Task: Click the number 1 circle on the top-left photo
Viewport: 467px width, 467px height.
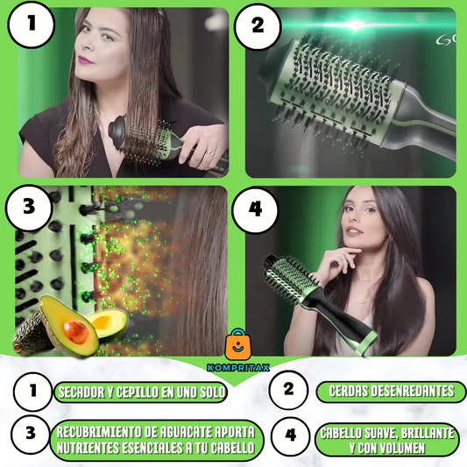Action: point(31,25)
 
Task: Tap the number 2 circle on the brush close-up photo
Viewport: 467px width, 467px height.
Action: point(258,26)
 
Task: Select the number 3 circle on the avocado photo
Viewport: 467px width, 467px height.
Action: point(29,208)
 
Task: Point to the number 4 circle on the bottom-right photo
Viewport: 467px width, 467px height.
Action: point(255,209)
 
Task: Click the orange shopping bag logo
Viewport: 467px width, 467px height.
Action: point(238,344)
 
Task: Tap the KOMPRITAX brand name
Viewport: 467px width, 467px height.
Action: point(238,367)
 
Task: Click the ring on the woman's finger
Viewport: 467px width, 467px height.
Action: point(210,152)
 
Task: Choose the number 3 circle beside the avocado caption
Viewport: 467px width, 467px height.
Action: point(31,434)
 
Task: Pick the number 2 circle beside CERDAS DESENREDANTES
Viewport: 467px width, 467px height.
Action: point(288,390)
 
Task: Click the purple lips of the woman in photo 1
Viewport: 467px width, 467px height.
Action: point(86,60)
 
